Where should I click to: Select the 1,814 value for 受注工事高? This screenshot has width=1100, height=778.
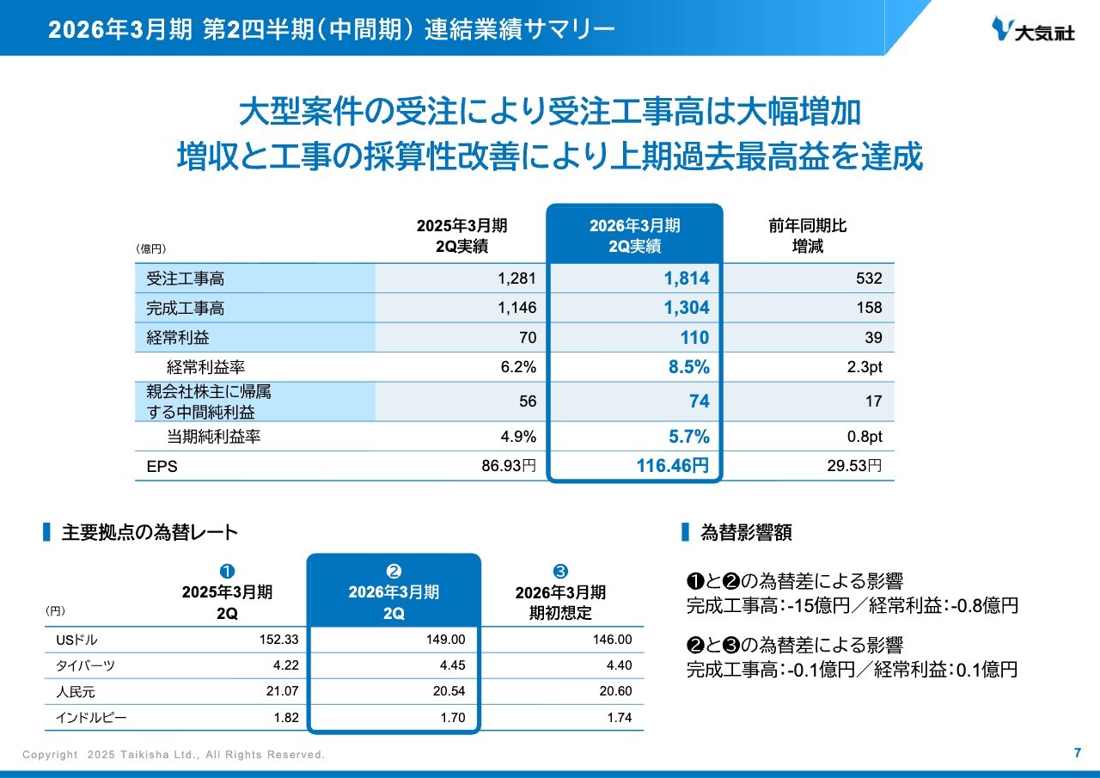point(687,279)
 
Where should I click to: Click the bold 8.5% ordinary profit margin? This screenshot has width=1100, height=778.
point(689,367)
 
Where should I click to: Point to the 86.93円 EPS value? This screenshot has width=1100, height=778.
point(507,467)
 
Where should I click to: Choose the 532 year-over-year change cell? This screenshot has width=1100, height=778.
point(869,279)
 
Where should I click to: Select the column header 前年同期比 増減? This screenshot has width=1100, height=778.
point(807,236)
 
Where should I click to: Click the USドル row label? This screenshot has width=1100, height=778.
point(76,640)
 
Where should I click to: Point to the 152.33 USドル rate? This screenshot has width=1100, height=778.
point(278,640)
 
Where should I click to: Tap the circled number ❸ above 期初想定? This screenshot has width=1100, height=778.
point(560,572)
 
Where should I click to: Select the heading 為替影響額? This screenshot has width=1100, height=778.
point(746,533)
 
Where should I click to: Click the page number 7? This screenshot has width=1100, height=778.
point(1078,753)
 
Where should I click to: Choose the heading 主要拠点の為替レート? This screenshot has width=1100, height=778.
point(150,533)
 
